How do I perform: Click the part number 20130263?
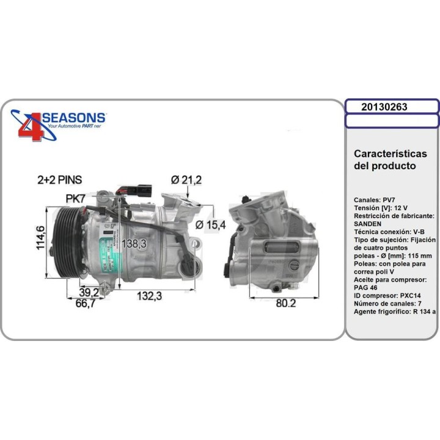(x=384, y=106)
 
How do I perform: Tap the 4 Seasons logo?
(x=59, y=124)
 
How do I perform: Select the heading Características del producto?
(x=390, y=159)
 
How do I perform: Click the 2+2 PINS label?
(x=59, y=180)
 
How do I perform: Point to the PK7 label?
(x=76, y=198)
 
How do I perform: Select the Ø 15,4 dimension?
(x=211, y=225)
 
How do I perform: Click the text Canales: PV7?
(x=374, y=200)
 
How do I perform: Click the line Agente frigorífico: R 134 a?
(x=394, y=312)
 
